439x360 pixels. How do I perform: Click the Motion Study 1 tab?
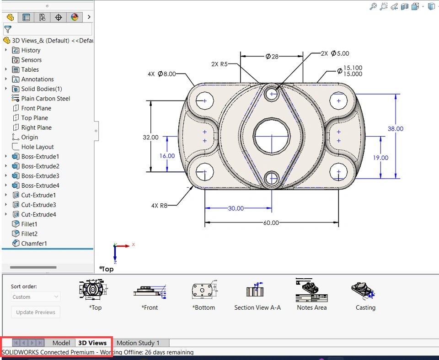click(138, 343)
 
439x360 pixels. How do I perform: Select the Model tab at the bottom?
click(61, 343)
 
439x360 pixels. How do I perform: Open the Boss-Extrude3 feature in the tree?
click(40, 176)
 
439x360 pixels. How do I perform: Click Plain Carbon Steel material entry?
click(45, 99)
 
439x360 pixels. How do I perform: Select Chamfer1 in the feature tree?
click(34, 244)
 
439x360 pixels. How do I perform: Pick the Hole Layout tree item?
click(37, 147)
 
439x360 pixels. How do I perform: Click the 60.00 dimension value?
click(271, 222)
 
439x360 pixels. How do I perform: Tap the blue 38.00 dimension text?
click(395, 129)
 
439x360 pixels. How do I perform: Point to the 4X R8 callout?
click(159, 206)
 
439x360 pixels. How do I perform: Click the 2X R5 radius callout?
click(219, 64)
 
